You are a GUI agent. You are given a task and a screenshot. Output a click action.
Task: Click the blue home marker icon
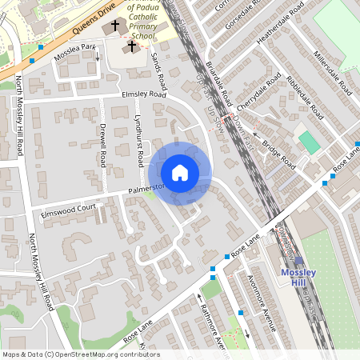click(x=180, y=173)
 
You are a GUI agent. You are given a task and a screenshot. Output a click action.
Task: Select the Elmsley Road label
click(x=143, y=94)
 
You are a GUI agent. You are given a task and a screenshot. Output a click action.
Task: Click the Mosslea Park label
click(x=74, y=53)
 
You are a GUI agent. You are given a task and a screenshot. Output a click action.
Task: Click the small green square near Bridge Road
click(x=308, y=143)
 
